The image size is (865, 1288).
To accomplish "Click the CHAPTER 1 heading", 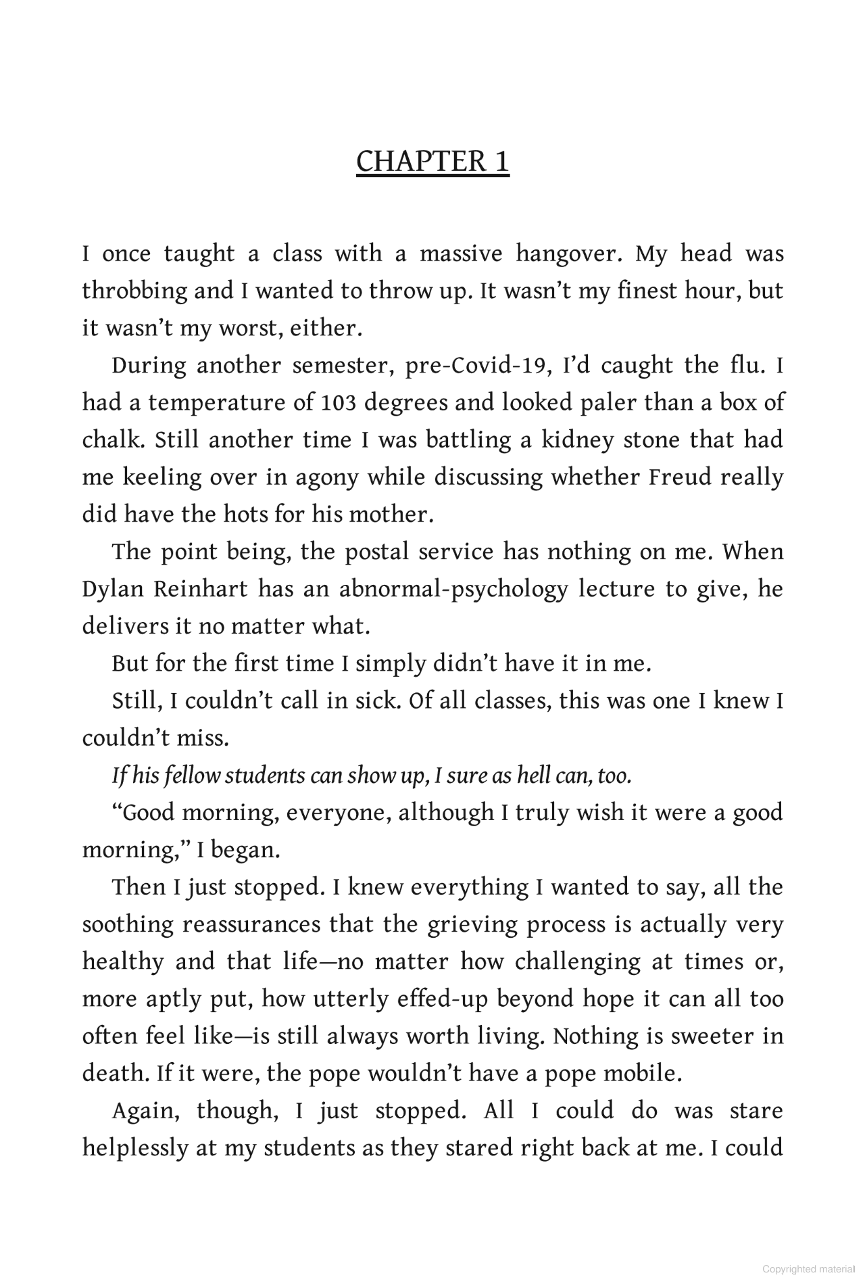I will pos(432,162).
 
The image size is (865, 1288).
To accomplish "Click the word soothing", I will pos(128,925).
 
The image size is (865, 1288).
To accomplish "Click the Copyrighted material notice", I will pos(808,1269).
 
